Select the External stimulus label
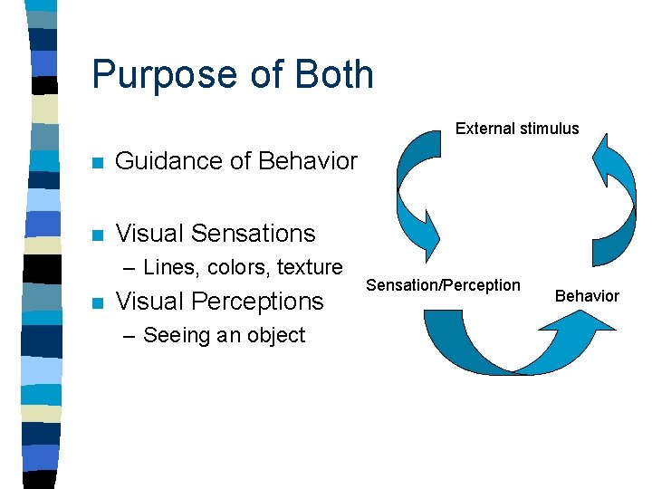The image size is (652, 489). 516,129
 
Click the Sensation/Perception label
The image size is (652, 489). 443,285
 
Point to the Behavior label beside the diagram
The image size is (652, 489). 587,295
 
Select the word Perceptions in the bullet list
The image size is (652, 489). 264,301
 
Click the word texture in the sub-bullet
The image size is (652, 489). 310,267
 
